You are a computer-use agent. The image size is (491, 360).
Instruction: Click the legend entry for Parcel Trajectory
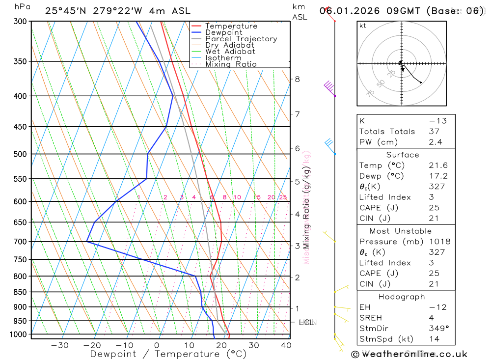tap(241, 39)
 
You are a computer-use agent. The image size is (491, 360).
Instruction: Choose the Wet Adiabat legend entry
tap(230, 52)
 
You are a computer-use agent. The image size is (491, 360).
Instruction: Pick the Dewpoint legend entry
tap(224, 32)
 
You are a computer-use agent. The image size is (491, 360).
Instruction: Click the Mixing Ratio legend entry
tap(231, 64)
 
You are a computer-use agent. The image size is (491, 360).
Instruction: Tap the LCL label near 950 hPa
tap(306, 323)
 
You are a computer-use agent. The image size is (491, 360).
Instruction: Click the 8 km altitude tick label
tap(298, 79)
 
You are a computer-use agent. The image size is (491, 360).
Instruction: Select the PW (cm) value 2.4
tap(436, 142)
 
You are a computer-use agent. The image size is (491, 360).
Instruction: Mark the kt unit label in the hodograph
tap(363, 26)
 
